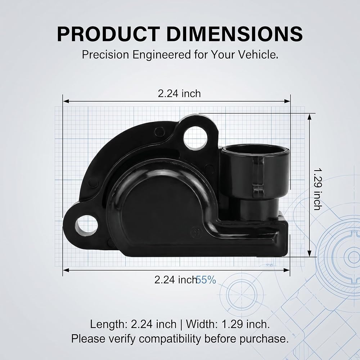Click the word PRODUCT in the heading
click(108, 34)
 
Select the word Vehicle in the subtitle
click(258, 55)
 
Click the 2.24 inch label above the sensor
click(179, 94)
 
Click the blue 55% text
click(206, 280)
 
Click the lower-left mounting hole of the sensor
click(86, 225)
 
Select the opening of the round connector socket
click(255, 150)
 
